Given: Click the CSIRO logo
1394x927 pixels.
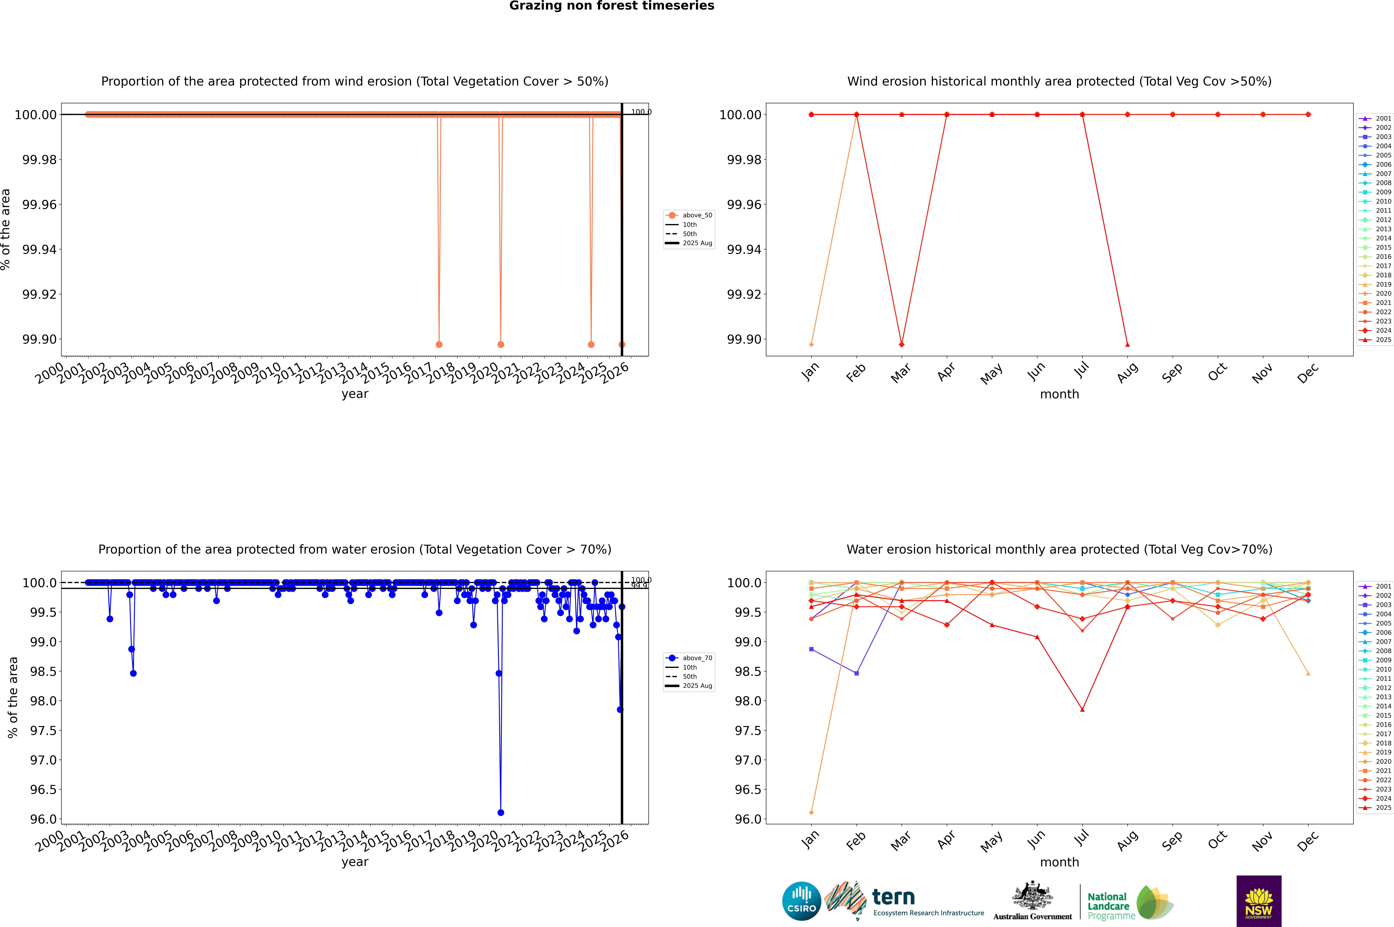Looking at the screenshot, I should [x=801, y=901].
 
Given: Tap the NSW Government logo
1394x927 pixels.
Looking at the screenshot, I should [x=1259, y=901].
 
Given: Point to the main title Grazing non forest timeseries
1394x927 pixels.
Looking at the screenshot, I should [x=612, y=6].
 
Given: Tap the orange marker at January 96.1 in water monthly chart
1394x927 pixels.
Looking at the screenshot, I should [x=811, y=812].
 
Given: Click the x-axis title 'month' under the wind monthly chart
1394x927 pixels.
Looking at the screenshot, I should [x=1060, y=394].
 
